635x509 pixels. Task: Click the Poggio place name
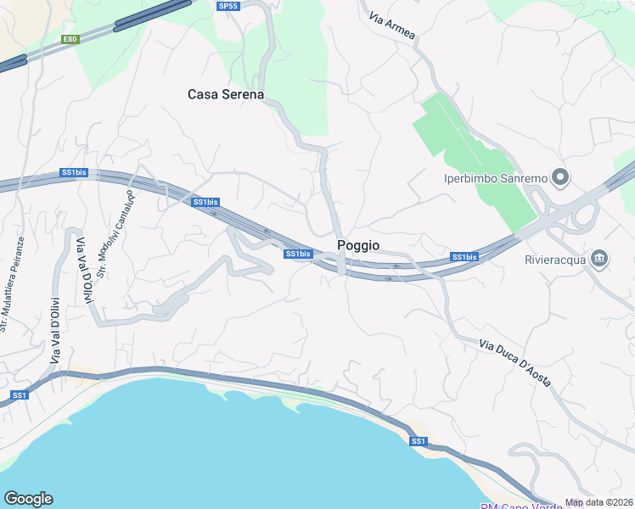[358, 245]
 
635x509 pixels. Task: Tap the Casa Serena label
[226, 95]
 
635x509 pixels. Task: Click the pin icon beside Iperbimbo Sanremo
[559, 177]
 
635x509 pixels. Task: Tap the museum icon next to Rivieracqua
[599, 258]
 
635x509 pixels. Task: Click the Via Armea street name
[393, 24]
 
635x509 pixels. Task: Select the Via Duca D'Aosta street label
[515, 363]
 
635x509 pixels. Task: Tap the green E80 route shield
[70, 39]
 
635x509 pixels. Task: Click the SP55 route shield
[228, 6]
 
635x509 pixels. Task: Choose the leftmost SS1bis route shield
[74, 173]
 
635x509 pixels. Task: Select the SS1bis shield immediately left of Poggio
[297, 254]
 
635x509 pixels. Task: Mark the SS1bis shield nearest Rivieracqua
[464, 257]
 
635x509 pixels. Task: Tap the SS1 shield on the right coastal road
[418, 441]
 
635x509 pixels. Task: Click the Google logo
[28, 499]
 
